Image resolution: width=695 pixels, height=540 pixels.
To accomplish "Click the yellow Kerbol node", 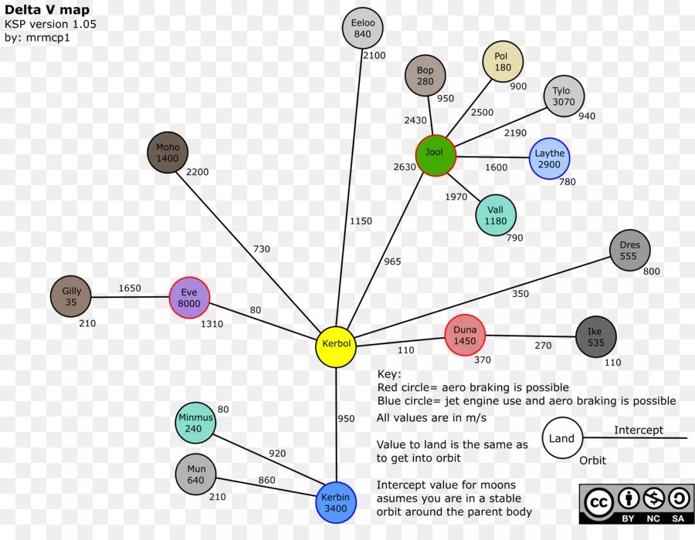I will pyautogui.click(x=336, y=347).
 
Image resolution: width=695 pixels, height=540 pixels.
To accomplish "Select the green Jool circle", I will pyautogui.click(x=435, y=156).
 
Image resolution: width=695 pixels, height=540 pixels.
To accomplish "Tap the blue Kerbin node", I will pyautogui.click(x=336, y=502).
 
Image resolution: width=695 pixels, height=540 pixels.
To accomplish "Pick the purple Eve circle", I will pyautogui.click(x=189, y=298).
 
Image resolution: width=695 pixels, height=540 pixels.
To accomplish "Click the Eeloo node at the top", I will pyautogui.click(x=362, y=29).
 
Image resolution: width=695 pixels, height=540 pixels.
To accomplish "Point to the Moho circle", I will pyautogui.click(x=168, y=153).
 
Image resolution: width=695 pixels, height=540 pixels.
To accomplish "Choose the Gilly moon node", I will pyautogui.click(x=71, y=296).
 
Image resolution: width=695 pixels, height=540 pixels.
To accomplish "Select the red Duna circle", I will pyautogui.click(x=465, y=335).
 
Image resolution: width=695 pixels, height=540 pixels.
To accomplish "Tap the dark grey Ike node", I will pyautogui.click(x=596, y=337).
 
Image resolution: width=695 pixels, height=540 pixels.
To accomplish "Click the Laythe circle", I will pyautogui.click(x=549, y=159).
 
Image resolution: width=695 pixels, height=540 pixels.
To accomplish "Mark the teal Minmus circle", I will pyautogui.click(x=195, y=423).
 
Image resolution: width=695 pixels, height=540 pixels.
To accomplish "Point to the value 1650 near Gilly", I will pyautogui.click(x=130, y=289).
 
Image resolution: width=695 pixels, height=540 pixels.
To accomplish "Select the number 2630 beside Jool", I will pyautogui.click(x=405, y=167).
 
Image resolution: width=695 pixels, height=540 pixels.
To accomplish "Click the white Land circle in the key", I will pyautogui.click(x=561, y=438).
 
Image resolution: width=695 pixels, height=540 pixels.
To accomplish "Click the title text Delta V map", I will pyautogui.click(x=47, y=10).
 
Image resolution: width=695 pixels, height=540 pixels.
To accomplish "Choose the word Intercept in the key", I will pyautogui.click(x=639, y=430).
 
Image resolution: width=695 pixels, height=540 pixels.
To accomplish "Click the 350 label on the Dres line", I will pyautogui.click(x=520, y=294).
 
